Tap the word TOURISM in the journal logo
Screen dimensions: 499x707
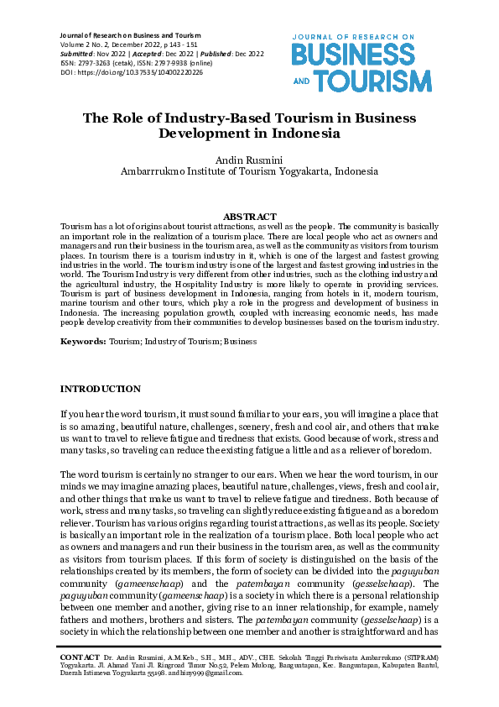coord(378,81)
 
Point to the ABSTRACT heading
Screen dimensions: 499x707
coord(249,217)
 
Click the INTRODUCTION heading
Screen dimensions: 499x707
coord(101,389)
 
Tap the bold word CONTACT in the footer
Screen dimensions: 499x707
coord(79,656)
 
